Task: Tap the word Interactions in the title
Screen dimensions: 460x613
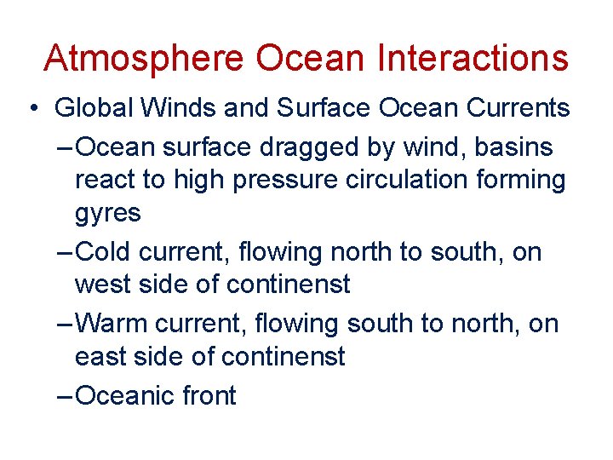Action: click(x=472, y=58)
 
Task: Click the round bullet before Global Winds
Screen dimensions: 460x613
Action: click(x=32, y=109)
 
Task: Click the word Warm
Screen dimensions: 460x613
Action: click(x=109, y=324)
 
